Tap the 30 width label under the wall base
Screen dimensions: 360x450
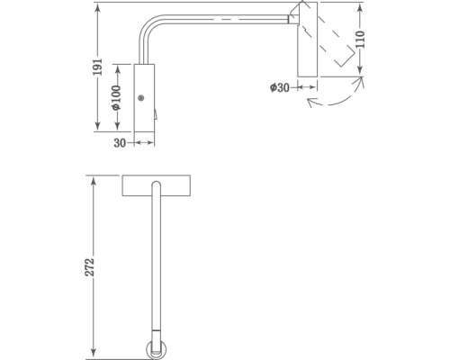119,140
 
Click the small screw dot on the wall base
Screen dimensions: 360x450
140,99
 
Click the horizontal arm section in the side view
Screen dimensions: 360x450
225,19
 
